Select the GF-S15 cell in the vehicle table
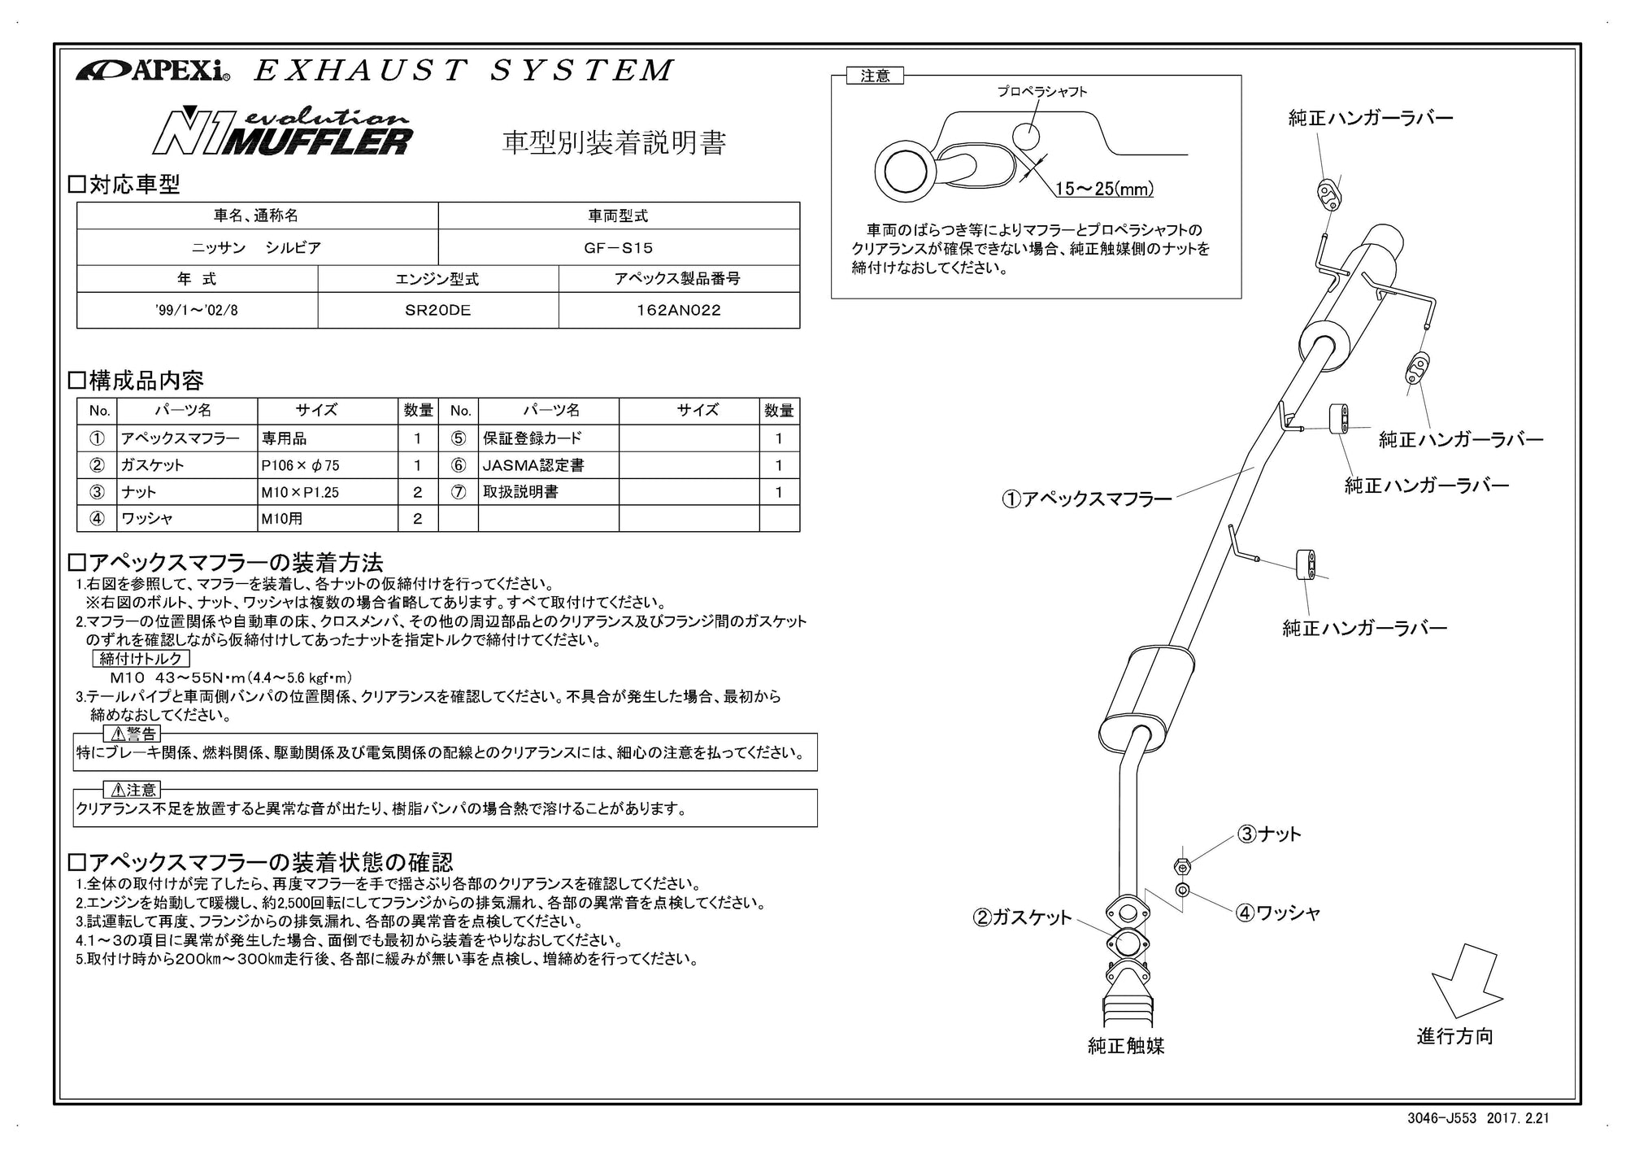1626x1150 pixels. coord(618,247)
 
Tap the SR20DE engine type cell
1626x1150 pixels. coord(437,310)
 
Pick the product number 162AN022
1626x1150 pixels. coord(678,310)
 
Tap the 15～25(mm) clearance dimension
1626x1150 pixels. coord(1104,189)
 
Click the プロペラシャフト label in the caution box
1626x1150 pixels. coord(1042,92)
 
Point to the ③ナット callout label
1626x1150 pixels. coord(1269,834)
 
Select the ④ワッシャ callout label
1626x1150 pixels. coord(1277,913)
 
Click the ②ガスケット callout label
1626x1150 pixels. coord(1023,917)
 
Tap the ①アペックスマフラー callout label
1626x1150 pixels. coord(1087,499)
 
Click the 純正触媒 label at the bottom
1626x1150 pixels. coord(1126,1046)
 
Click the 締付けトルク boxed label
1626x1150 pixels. coord(141,659)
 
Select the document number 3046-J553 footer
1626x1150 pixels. coord(1443,1118)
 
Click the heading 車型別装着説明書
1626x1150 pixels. coord(614,142)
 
